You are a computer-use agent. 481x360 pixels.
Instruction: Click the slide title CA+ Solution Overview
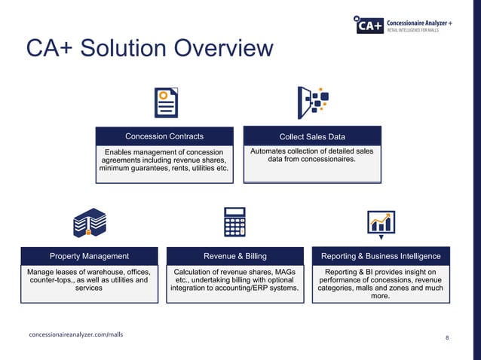149,49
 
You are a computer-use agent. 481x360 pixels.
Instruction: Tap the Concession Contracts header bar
164,136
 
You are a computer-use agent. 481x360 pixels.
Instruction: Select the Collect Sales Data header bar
312,136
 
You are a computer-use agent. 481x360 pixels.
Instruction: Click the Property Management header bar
89,256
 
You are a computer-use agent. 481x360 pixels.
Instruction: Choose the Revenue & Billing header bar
234,256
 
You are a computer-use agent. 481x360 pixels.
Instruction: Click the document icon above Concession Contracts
166,102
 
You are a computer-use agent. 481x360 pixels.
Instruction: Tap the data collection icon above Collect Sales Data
313,102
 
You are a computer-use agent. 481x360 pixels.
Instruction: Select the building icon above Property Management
89,224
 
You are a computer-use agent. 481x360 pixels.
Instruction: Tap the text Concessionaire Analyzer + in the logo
418,23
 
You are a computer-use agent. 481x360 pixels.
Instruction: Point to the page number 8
447,338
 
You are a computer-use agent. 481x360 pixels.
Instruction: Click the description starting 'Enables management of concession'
164,160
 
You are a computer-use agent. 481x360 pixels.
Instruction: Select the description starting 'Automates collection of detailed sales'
312,155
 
